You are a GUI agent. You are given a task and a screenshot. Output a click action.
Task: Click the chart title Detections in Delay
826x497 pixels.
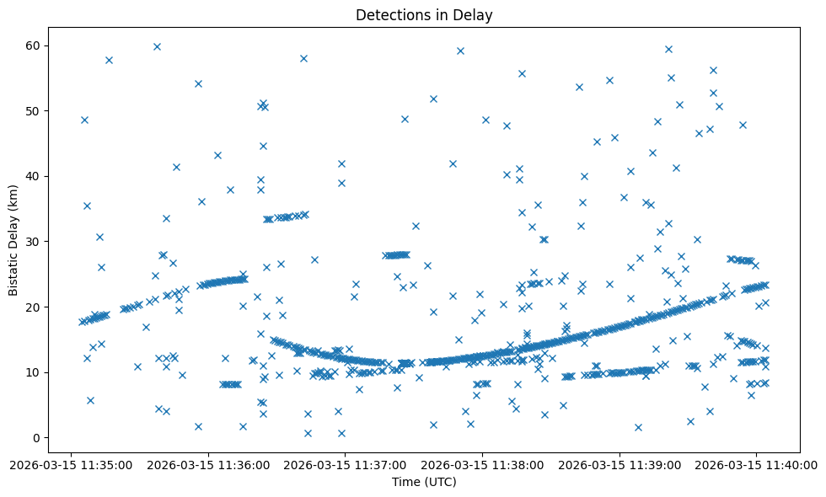point(424,14)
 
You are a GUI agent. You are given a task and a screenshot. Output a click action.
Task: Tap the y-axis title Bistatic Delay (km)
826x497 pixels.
point(14,232)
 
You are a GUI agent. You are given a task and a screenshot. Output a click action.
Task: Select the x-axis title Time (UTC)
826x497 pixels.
point(424,482)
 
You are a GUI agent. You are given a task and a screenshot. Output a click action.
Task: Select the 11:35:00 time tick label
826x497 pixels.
point(71,464)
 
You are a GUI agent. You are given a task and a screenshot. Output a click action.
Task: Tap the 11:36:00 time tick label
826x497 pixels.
point(208,464)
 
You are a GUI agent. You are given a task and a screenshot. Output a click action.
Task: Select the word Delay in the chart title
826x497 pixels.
point(475,14)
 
